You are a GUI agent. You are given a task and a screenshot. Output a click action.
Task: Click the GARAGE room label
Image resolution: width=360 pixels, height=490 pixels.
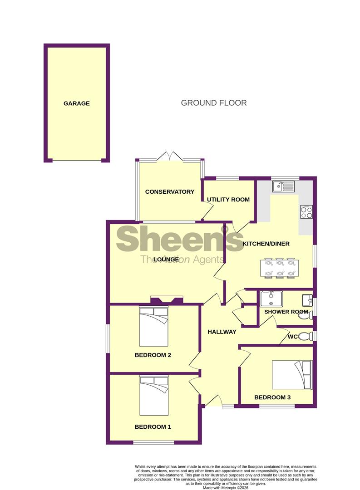(76, 103)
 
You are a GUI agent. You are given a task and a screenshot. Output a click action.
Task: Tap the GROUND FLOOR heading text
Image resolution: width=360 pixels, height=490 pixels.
(214, 103)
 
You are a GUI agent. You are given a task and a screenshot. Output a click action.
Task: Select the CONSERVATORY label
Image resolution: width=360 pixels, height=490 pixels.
(169, 192)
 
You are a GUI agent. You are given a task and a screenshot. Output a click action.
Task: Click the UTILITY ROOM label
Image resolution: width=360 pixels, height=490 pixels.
(228, 200)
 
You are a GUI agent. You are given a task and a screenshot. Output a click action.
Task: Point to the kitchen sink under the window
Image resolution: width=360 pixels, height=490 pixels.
(283, 186)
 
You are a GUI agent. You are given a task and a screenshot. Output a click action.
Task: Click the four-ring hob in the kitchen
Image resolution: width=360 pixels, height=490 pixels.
(306, 212)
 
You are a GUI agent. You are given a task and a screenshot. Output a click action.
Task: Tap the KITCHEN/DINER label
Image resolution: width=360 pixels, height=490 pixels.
(266, 244)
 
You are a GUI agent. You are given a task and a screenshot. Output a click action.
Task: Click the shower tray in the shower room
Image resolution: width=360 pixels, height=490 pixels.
(271, 299)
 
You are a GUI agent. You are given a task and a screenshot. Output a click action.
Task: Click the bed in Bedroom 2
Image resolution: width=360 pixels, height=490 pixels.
(153, 326)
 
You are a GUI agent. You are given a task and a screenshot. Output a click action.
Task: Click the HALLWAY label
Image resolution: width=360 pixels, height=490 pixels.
(222, 332)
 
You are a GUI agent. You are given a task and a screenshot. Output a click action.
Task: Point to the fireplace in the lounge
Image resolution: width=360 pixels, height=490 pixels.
(167, 300)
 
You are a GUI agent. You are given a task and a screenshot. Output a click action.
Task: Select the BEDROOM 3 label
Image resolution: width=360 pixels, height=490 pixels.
(272, 397)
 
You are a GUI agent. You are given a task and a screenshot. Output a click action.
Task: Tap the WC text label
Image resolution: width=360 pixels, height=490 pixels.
(293, 337)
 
